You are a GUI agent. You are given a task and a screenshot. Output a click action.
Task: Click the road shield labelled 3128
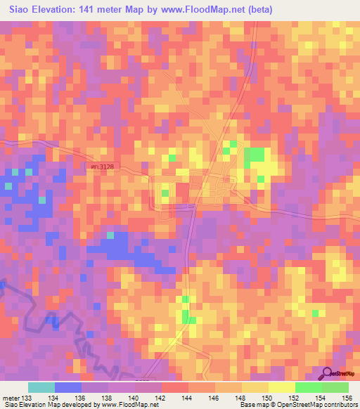101,166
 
